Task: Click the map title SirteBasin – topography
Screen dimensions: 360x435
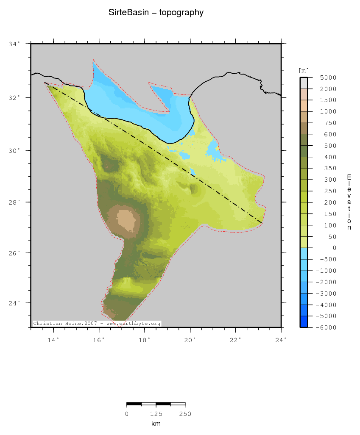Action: pos(156,13)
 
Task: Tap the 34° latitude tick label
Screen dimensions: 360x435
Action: pos(14,44)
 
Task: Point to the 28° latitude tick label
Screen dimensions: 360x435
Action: pos(14,202)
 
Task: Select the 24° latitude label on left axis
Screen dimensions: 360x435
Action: pos(14,303)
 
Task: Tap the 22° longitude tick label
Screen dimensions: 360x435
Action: pos(236,340)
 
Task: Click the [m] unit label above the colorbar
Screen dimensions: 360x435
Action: pos(304,70)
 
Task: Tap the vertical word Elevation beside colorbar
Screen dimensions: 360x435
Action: pos(349,202)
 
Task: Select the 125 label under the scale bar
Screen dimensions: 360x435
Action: pos(156,414)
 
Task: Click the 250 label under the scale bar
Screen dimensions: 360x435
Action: pos(185,414)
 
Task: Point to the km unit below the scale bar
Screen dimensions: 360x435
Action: pos(156,424)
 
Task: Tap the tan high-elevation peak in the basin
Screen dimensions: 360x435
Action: pos(126,219)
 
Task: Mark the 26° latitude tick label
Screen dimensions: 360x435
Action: pos(14,253)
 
